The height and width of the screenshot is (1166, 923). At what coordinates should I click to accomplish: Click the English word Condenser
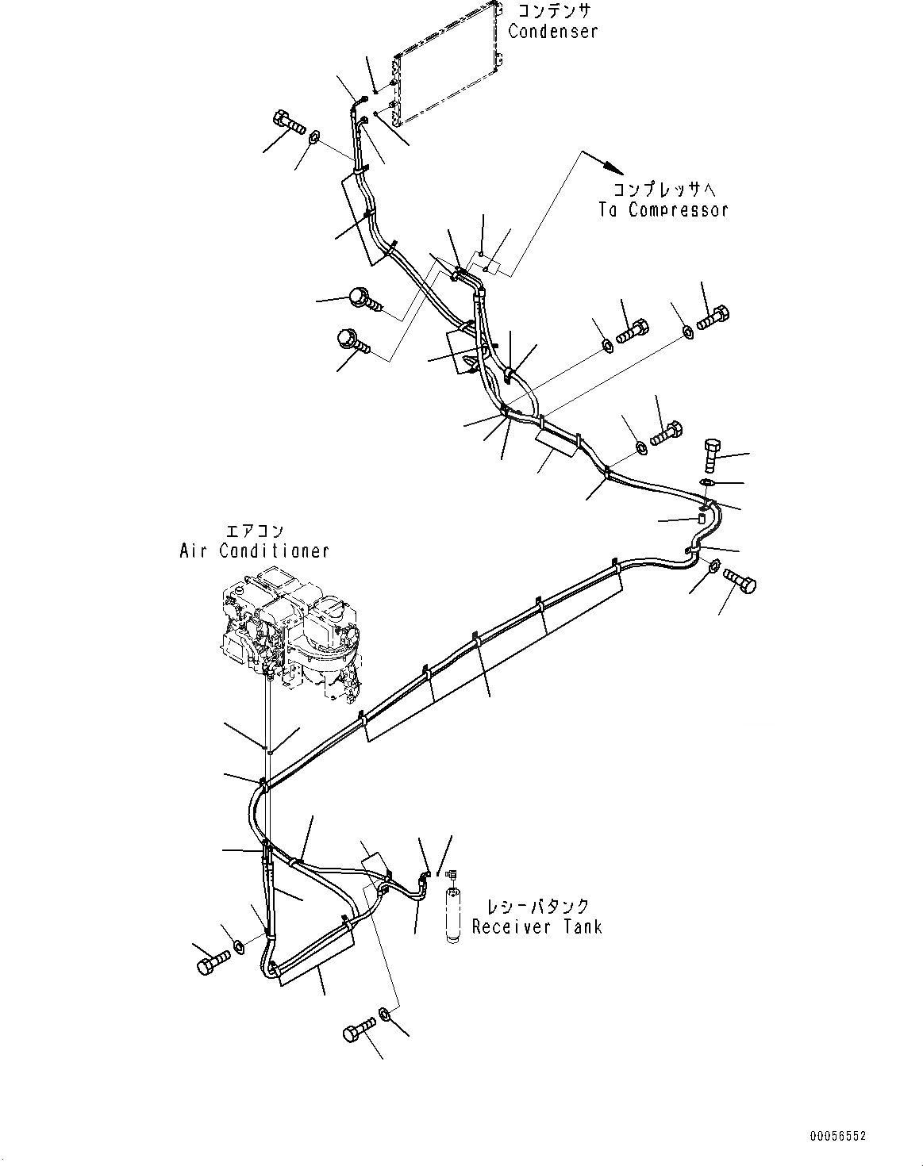[x=552, y=31]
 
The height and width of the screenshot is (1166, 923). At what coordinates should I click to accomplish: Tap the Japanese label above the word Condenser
[x=555, y=11]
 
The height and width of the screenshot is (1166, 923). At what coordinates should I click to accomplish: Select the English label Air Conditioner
[x=254, y=550]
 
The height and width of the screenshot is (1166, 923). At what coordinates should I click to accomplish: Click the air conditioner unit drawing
[x=290, y=627]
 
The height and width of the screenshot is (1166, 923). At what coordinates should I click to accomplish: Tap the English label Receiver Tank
[x=536, y=926]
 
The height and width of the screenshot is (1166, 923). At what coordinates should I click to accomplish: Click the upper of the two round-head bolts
[x=363, y=300]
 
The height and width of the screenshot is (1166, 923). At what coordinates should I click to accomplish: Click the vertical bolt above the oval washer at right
[x=710, y=453]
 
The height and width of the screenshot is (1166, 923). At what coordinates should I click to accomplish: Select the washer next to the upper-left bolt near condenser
[x=314, y=139]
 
